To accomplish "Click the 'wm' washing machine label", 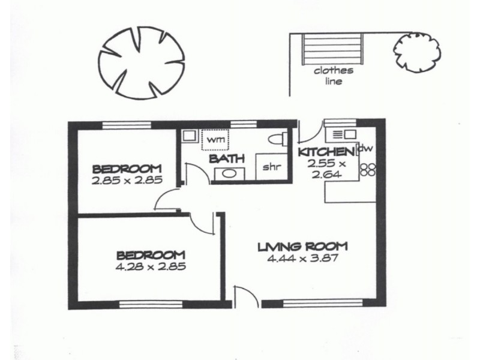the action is pos(217,140).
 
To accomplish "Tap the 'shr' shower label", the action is pos(272,167).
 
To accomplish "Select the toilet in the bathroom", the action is pos(278,139).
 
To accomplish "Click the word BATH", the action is pos(227,159).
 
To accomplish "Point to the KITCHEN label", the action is pos(326,152).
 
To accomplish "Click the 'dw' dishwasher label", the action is pos(366,148).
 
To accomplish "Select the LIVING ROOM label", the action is pos(302,247).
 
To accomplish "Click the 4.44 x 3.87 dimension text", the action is pos(302,259).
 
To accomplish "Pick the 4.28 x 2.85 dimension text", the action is pos(151,266).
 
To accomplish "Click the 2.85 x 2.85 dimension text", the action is pos(127,181).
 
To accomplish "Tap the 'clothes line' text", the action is pos(334,76).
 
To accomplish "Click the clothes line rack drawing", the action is pos(333,49).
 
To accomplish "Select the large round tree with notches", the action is pos(142,63).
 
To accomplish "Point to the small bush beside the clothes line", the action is pos(416,52).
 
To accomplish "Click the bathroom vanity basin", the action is pos(229,174).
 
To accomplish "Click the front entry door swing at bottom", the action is pos(247,296).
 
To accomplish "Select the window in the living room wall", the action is pos(323,303).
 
